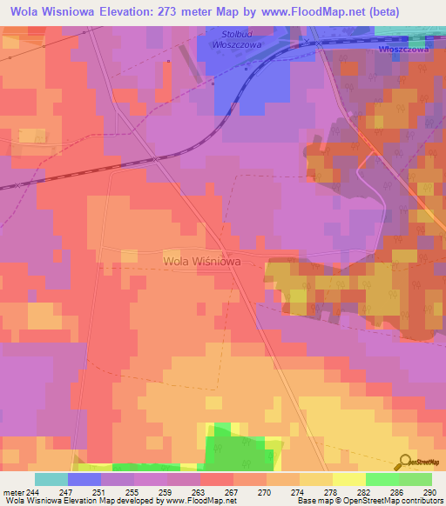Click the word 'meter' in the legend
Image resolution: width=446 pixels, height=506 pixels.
[14, 492]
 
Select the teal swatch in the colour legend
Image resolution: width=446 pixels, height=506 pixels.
[51, 479]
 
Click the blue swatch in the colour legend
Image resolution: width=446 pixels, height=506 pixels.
[84, 479]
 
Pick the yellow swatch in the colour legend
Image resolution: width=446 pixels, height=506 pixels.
[349, 479]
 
